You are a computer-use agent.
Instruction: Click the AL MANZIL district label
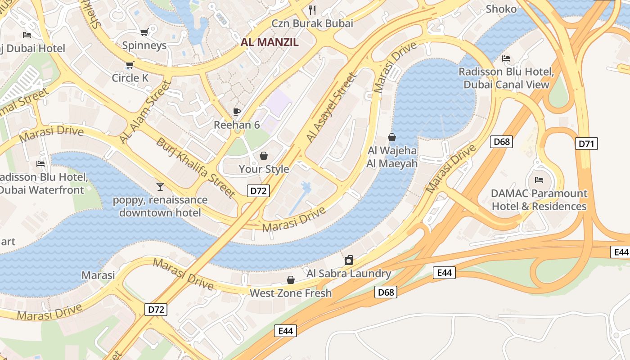pyautogui.click(x=270, y=42)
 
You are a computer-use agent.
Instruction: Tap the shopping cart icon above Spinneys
pyautogui.click(x=144, y=32)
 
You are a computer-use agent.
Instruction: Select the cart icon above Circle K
pyautogui.click(x=130, y=65)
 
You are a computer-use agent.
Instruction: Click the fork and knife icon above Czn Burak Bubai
pyautogui.click(x=312, y=10)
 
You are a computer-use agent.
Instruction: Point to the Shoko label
pyautogui.click(x=501, y=9)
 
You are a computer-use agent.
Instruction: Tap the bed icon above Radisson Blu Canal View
pyautogui.click(x=506, y=58)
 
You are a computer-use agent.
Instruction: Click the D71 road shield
pyautogui.click(x=586, y=144)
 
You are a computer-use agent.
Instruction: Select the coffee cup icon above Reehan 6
pyautogui.click(x=237, y=112)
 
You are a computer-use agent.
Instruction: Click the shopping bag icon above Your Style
pyautogui.click(x=263, y=156)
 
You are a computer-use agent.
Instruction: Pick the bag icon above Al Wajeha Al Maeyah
pyautogui.click(x=392, y=137)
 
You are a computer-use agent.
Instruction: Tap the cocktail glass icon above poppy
pyautogui.click(x=160, y=186)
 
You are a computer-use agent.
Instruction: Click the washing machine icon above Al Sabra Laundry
pyautogui.click(x=348, y=260)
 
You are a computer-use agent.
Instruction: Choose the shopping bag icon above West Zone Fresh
pyautogui.click(x=291, y=280)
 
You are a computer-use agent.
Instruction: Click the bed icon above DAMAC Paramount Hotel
pyautogui.click(x=539, y=180)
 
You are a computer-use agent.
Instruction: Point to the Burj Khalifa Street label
pyautogui.click(x=195, y=167)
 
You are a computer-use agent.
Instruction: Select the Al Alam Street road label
pyautogui.click(x=146, y=112)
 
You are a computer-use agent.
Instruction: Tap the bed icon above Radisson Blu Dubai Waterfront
pyautogui.click(x=40, y=164)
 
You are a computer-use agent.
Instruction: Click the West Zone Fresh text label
pyautogui.click(x=291, y=293)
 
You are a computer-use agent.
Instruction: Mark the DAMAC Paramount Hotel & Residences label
pyautogui.click(x=539, y=200)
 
